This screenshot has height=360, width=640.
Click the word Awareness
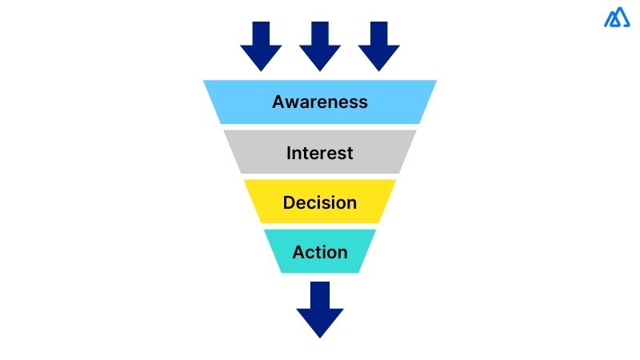[x=320, y=102]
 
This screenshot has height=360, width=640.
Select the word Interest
[x=320, y=152]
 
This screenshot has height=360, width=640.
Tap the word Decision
[x=320, y=202]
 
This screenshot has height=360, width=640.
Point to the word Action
[x=320, y=252]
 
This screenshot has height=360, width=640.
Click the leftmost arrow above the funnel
[x=261, y=45]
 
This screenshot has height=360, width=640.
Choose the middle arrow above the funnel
[x=320, y=45]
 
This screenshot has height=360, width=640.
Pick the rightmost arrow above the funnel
[x=378, y=45]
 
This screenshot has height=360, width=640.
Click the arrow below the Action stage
[x=320, y=308]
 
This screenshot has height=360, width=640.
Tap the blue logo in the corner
[x=617, y=18]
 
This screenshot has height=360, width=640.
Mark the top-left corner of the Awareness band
[x=204, y=81]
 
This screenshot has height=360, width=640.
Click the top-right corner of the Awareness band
[x=436, y=81]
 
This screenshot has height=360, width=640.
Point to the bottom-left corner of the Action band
[x=281, y=273]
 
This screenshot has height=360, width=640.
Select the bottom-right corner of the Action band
[x=359, y=273]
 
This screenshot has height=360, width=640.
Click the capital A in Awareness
[x=278, y=102]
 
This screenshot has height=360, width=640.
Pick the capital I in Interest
[x=290, y=152]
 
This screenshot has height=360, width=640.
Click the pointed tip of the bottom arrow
[x=320, y=337]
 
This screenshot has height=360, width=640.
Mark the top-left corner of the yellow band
[x=244, y=180]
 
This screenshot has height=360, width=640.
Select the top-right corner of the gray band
[x=417, y=130]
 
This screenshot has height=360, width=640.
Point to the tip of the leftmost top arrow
[x=261, y=70]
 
